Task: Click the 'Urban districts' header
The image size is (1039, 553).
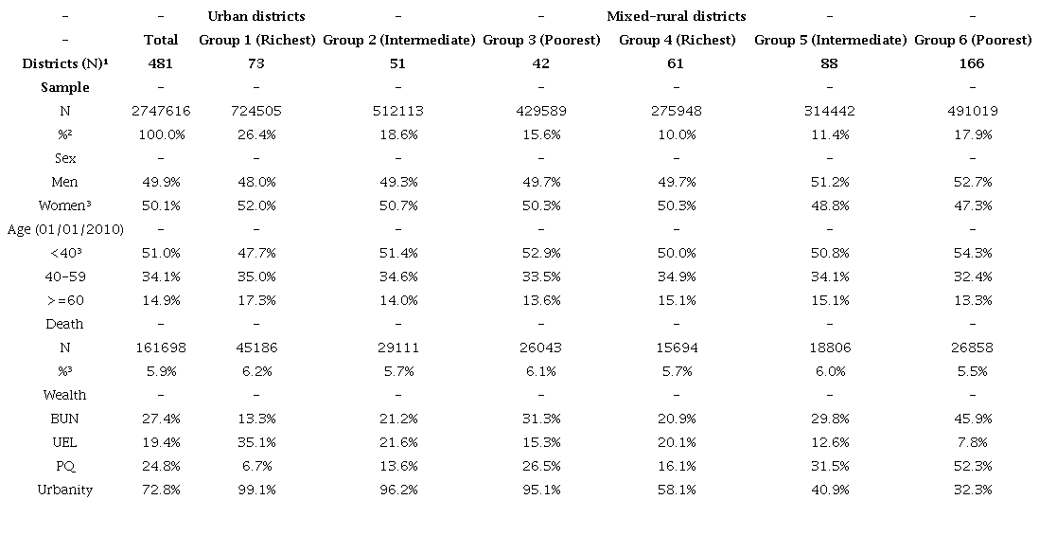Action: point(256,16)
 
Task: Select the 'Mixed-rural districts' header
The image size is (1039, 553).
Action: point(676,16)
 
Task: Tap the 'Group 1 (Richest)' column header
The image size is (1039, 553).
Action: point(256,40)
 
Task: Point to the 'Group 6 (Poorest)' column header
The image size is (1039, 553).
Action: point(973,40)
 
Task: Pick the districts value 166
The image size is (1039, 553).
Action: point(973,63)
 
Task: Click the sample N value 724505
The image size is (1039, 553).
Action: point(256,111)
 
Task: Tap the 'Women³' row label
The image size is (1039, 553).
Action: point(65,205)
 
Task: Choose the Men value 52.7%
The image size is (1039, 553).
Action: point(973,182)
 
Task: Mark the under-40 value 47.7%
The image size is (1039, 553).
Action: point(256,253)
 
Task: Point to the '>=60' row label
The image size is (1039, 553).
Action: point(65,300)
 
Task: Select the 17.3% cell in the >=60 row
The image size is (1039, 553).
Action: point(256,300)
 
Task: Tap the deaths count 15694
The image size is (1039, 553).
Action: point(676,348)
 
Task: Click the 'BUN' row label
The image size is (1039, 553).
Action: point(65,419)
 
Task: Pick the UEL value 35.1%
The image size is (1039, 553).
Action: point(256,442)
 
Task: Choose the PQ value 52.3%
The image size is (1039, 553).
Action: point(973,466)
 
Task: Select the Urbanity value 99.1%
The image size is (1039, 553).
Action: point(256,490)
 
